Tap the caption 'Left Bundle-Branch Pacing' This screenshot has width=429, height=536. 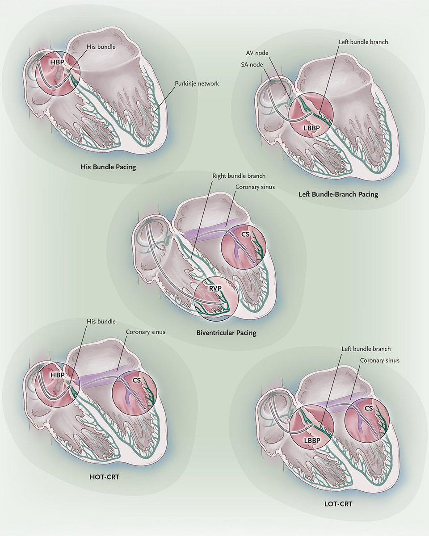pyautogui.click(x=338, y=194)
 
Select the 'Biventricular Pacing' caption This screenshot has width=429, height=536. pyautogui.click(x=226, y=333)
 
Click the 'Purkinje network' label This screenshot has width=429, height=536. pyautogui.click(x=197, y=83)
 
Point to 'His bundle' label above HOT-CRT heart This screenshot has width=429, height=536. pyautogui.click(x=102, y=321)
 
